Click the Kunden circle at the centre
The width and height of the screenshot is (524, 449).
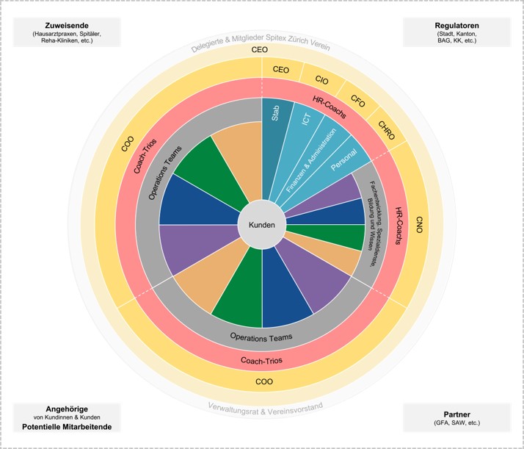[262, 224]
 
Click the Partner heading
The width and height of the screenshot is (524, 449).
[456, 414]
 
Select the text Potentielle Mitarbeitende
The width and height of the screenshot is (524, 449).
[66, 427]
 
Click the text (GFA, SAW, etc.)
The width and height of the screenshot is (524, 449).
[456, 423]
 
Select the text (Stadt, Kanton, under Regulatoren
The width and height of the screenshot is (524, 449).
[456, 35]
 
